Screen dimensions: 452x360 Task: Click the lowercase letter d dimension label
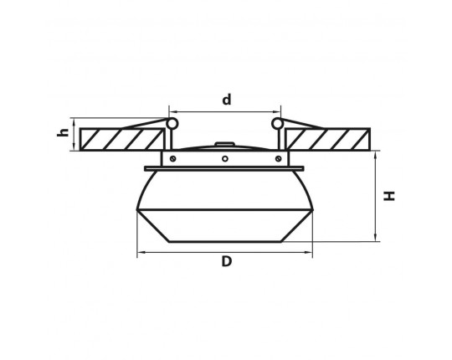(x=227, y=100)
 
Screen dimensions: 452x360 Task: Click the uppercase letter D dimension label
(x=227, y=261)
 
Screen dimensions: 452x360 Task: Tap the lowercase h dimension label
(x=63, y=131)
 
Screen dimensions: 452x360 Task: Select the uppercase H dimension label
(x=389, y=196)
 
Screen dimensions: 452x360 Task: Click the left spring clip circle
(x=172, y=124)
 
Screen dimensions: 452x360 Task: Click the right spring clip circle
(x=277, y=124)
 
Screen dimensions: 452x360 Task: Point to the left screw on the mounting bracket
(x=172, y=158)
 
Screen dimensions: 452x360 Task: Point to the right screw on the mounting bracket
(x=278, y=158)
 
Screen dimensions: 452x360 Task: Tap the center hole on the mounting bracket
(x=225, y=158)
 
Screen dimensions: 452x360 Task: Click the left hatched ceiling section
(x=122, y=139)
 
